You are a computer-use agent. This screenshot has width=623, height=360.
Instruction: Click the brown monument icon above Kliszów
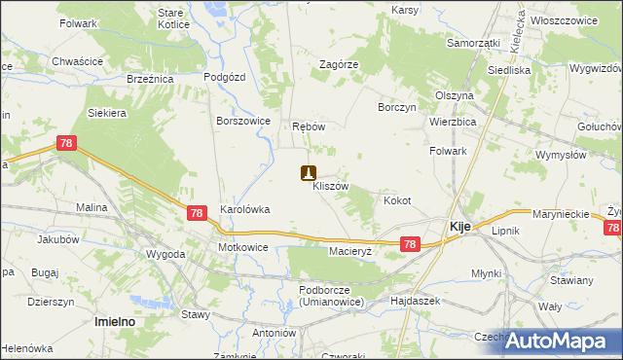(308, 173)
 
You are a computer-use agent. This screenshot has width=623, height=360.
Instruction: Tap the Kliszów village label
(330, 186)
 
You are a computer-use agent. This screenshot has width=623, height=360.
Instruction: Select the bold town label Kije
(460, 226)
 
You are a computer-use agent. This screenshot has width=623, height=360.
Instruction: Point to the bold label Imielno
(113, 320)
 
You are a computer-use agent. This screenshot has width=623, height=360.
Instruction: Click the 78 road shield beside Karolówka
(196, 213)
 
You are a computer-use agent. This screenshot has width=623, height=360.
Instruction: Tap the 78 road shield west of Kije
(410, 245)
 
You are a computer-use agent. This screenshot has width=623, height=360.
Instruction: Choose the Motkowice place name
(242, 247)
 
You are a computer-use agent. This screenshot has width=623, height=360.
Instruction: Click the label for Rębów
(308, 127)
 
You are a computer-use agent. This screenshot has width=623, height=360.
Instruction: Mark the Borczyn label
(397, 107)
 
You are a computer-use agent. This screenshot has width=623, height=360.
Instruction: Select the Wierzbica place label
(452, 122)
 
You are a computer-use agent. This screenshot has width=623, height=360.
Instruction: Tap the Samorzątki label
(473, 44)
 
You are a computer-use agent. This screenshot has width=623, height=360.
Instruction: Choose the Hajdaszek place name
(416, 302)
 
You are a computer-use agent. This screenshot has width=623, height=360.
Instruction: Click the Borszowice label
(242, 122)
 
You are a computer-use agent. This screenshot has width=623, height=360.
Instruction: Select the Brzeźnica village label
(150, 79)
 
